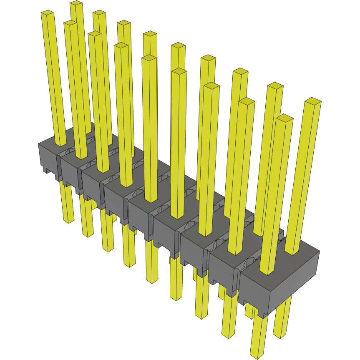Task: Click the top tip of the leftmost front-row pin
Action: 48,13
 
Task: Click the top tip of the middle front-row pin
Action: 149,58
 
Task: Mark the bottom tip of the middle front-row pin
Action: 152,281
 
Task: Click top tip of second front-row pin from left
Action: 70,23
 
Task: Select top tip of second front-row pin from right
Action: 247,101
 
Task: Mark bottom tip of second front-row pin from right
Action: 228,335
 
